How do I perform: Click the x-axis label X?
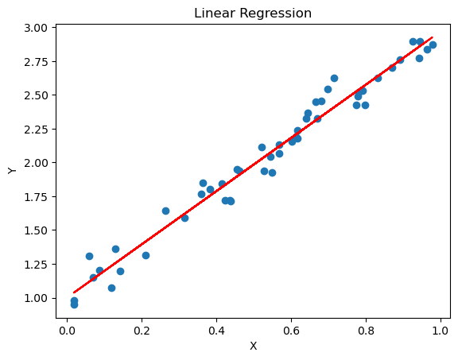254,346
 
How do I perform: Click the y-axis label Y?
11,170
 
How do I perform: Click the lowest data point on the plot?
74,304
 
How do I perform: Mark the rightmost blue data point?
433,45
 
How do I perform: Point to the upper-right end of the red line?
433,37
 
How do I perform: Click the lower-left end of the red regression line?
74,292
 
